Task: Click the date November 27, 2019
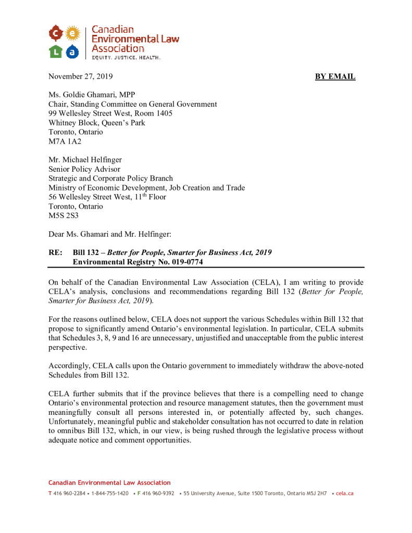80,77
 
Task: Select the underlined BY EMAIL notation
335,77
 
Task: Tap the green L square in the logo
56,50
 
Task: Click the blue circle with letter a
72,51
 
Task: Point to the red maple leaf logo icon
56,34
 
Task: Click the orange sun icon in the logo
72,34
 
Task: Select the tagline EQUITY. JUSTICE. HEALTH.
126,57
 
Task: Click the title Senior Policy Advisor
84,169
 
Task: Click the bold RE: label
56,252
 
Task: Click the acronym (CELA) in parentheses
255,282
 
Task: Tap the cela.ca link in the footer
344,493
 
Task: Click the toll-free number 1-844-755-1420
110,493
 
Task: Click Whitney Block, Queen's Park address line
97,123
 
